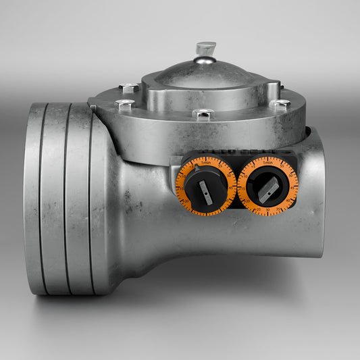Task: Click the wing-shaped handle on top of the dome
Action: tap(205, 49)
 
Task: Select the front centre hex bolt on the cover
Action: tap(203, 115)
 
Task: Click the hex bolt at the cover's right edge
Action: tap(280, 105)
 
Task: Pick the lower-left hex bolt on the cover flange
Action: tap(124, 105)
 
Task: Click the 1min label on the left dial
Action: tap(206, 162)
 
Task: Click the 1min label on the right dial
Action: tap(268, 163)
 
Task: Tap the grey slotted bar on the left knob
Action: tap(206, 194)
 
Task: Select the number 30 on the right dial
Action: tap(268, 210)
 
